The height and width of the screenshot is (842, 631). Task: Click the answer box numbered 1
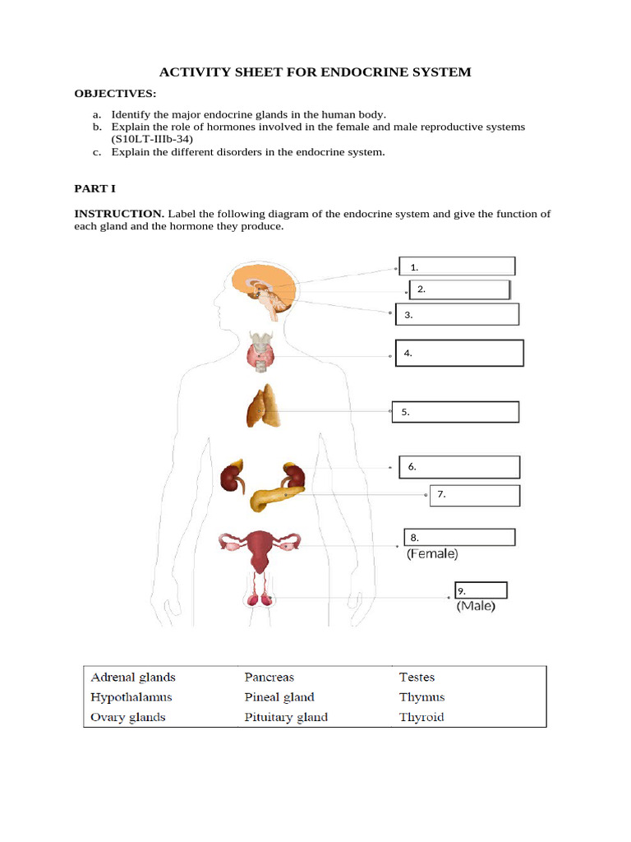(x=457, y=266)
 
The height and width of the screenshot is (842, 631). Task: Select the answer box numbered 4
(x=459, y=353)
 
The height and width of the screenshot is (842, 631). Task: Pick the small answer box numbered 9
(x=481, y=590)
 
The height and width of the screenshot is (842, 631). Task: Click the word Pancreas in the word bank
(x=269, y=678)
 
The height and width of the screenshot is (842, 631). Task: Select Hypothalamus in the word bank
(x=131, y=697)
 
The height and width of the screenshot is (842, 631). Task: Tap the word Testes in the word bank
(x=417, y=678)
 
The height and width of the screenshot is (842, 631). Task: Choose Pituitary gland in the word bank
(x=286, y=717)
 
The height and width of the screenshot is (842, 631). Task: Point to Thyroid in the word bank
(x=421, y=717)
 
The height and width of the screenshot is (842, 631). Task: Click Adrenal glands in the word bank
(x=132, y=678)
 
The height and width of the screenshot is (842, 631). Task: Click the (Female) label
(x=432, y=554)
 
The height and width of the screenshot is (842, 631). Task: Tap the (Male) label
(x=476, y=608)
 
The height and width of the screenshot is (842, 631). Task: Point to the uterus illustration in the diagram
(x=262, y=548)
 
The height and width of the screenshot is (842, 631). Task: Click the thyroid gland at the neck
(x=262, y=353)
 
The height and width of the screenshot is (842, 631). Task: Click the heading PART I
(x=94, y=188)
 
